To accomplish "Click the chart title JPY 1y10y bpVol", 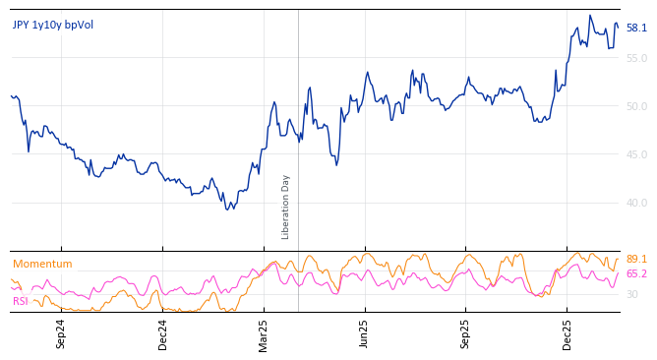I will pyautogui.click(x=53, y=25).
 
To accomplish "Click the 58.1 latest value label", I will pyautogui.click(x=636, y=29).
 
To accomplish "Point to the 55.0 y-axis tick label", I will pyautogui.click(x=636, y=59).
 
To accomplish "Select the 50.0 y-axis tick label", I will pyautogui.click(x=636, y=106).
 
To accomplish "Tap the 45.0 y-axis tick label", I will pyautogui.click(x=636, y=154).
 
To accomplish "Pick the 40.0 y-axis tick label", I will pyautogui.click(x=636, y=203).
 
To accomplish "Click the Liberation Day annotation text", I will pyautogui.click(x=286, y=207).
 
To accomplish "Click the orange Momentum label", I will pyautogui.click(x=42, y=264).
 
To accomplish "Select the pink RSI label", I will pyautogui.click(x=21, y=301).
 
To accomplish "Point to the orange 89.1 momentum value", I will pyautogui.click(x=636, y=259).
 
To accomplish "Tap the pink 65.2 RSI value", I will pyautogui.click(x=636, y=273).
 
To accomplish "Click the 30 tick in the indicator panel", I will pyautogui.click(x=632, y=294).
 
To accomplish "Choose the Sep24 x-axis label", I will pyautogui.click(x=61, y=333).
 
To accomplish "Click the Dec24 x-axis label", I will pyautogui.click(x=162, y=333).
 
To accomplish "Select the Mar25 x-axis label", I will pyautogui.click(x=264, y=333).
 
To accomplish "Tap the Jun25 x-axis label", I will pyautogui.click(x=365, y=333).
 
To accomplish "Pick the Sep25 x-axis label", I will pyautogui.click(x=466, y=333).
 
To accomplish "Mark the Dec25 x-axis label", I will pyautogui.click(x=567, y=333).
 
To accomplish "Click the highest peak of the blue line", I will pyautogui.click(x=590, y=15).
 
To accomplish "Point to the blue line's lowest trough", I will pyautogui.click(x=228, y=210).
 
